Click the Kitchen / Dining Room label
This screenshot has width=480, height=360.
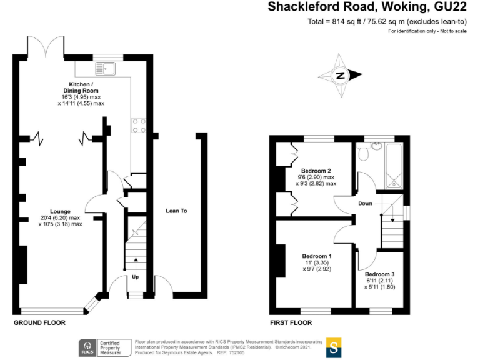pyautogui.click(x=81, y=87)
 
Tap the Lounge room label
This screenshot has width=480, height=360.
pyautogui.click(x=61, y=212)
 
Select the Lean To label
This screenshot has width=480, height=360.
pyautogui.click(x=176, y=211)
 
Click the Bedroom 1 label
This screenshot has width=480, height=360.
pyautogui.click(x=317, y=256)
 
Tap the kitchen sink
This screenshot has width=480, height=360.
pyautogui.click(x=103, y=67)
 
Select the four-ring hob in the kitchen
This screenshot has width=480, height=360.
pyautogui.click(x=138, y=126)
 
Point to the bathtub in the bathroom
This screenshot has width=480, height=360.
pyautogui.click(x=396, y=165)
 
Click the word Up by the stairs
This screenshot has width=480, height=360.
pyautogui.click(x=135, y=277)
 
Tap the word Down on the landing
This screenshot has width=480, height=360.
pyautogui.click(x=366, y=204)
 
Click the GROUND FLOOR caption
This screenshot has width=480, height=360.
pyautogui.click(x=39, y=323)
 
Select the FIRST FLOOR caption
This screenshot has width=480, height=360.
pyautogui.click(x=291, y=323)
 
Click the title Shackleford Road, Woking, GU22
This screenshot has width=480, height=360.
pyautogui.click(x=367, y=7)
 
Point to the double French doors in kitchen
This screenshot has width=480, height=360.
pyautogui.click(x=46, y=47)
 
